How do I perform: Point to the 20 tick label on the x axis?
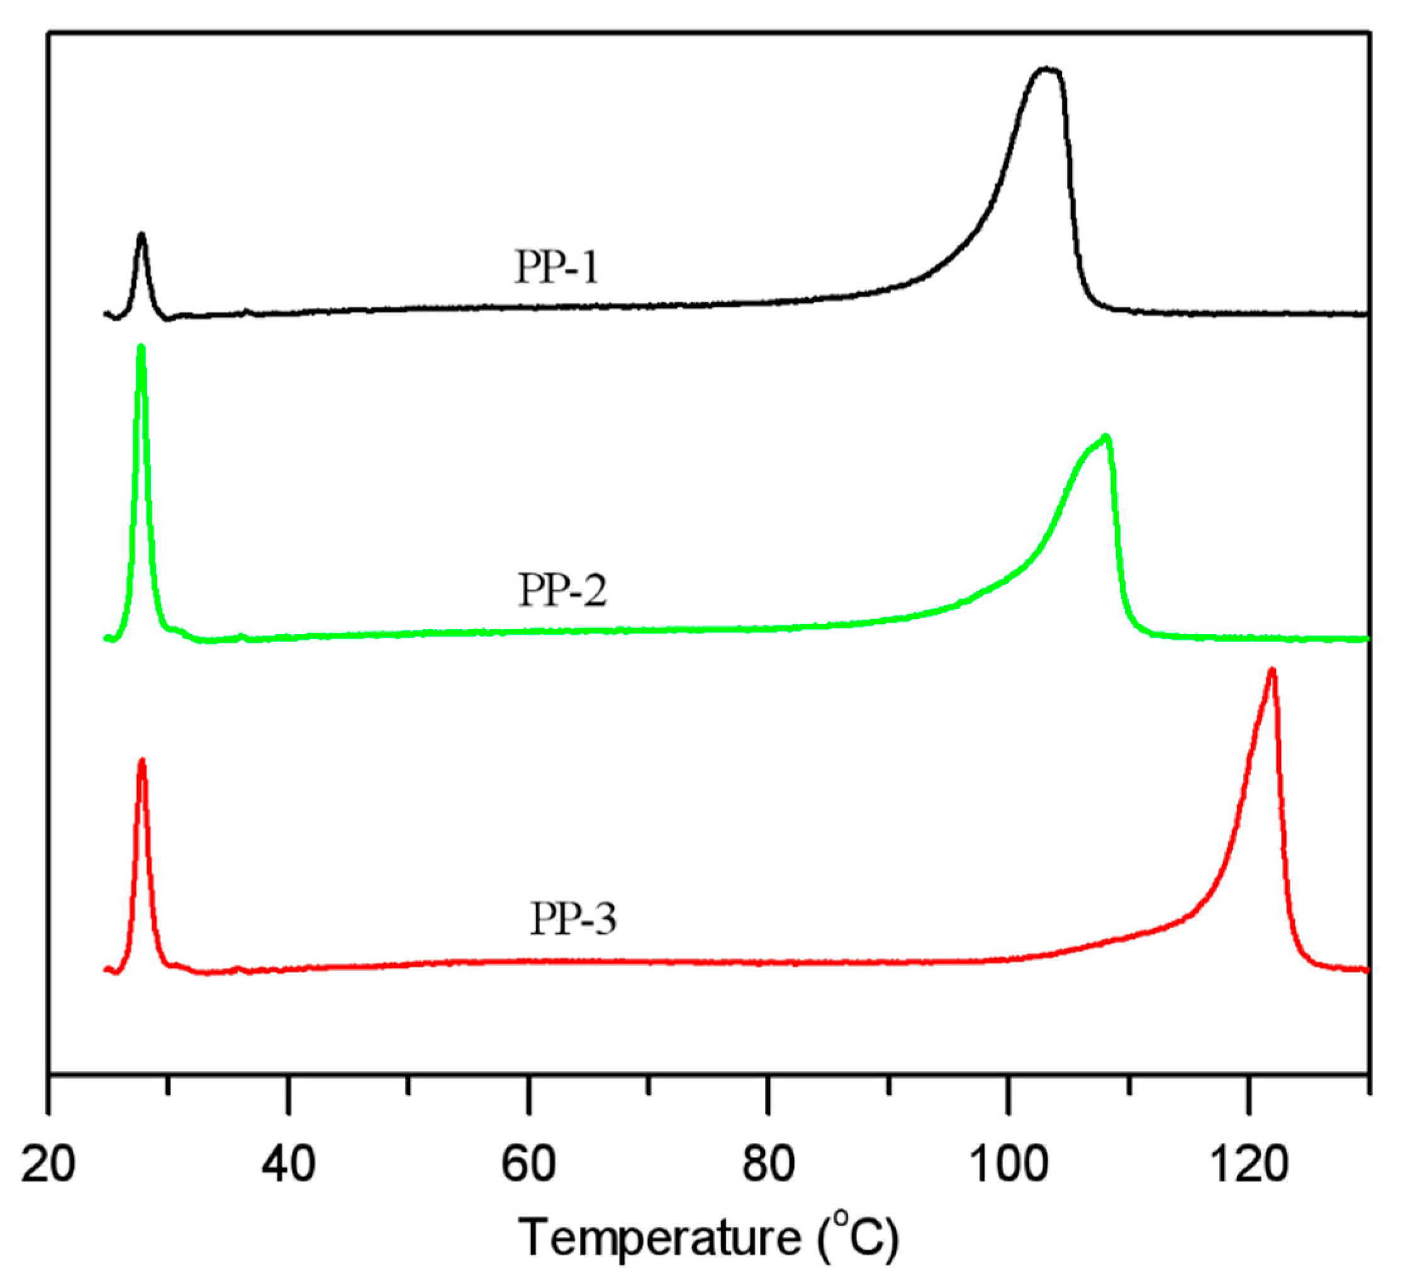[48, 1164]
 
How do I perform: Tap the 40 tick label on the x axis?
[288, 1164]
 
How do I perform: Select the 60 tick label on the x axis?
[529, 1164]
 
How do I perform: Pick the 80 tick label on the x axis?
[768, 1164]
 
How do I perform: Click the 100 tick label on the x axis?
[1008, 1164]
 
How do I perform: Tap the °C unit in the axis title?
[861, 1237]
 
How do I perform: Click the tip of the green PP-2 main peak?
[1106, 437]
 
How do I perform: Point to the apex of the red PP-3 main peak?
[1272, 670]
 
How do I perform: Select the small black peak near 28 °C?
[142, 235]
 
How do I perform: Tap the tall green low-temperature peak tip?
[142, 346]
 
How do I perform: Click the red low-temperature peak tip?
[142, 760]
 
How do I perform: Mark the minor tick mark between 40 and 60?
[408, 1085]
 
